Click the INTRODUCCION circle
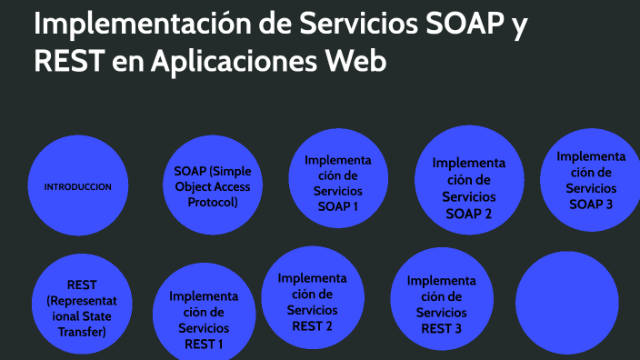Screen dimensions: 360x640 (x=78, y=186)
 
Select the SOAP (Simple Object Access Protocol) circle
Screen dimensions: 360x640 (x=212, y=186)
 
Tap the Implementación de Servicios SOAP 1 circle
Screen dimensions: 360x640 (x=338, y=182)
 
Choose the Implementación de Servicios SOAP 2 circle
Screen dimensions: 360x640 (x=468, y=188)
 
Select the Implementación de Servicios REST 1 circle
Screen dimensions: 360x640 (x=204, y=318)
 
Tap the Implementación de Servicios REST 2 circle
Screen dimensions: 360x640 (x=312, y=301)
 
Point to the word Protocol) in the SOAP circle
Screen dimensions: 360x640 (x=212, y=202)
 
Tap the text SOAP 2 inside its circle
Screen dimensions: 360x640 (x=469, y=214)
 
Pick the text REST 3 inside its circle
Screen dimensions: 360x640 (x=441, y=327)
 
